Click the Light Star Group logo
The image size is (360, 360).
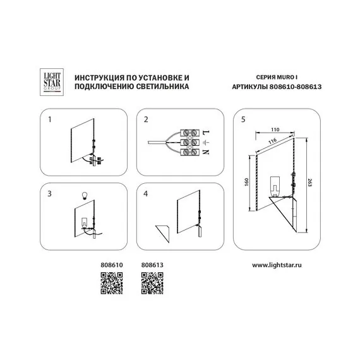pos(52,82)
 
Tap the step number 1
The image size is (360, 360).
pos(50,119)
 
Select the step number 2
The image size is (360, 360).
pos(146,119)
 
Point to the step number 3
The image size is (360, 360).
pos(50,194)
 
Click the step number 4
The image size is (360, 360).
pos(146,194)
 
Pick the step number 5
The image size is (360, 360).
pos(243,119)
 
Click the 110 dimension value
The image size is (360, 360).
pos(275,129)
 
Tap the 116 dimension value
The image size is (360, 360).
pos(272,141)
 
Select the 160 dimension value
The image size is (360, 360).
pos(246,182)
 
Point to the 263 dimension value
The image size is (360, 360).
pos(309,183)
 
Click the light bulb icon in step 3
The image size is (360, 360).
pos(85,196)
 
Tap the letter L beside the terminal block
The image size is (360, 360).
pos(206,133)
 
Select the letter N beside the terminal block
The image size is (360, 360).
pos(206,152)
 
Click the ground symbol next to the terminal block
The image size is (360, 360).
pos(206,143)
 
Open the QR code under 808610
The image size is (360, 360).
pos(112,283)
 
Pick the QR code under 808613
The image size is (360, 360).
pos(152,283)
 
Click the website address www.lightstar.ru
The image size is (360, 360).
pos(277,265)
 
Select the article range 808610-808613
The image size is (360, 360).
pos(295,87)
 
